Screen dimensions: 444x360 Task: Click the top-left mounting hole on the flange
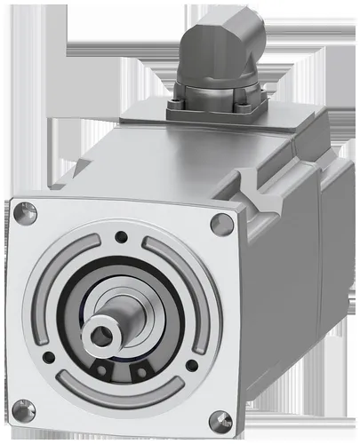click(x=26, y=212)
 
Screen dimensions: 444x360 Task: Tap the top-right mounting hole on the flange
click(x=222, y=223)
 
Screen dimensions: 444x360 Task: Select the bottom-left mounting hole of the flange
click(x=24, y=409)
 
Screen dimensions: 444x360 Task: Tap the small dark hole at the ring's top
click(x=120, y=236)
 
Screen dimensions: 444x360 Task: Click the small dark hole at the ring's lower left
click(x=49, y=357)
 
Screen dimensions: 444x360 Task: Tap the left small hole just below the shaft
click(x=103, y=366)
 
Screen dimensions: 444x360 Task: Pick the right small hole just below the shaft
click(x=138, y=369)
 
